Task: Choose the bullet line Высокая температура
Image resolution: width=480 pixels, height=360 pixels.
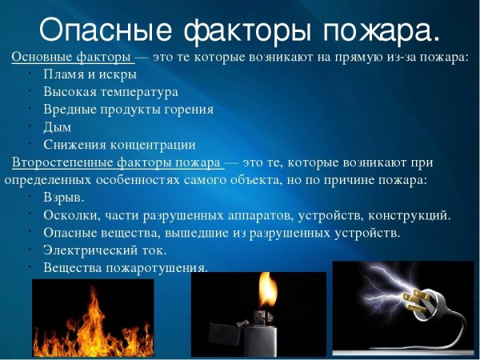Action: click(106, 93)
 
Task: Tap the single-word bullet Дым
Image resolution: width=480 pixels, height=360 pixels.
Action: click(58, 128)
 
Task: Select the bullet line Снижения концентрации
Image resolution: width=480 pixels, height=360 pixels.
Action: click(119, 145)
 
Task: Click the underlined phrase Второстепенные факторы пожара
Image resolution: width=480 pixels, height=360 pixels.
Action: click(117, 162)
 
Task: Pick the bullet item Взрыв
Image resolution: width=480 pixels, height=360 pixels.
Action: click(63, 197)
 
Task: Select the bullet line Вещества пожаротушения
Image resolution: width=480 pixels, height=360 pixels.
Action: click(125, 266)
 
